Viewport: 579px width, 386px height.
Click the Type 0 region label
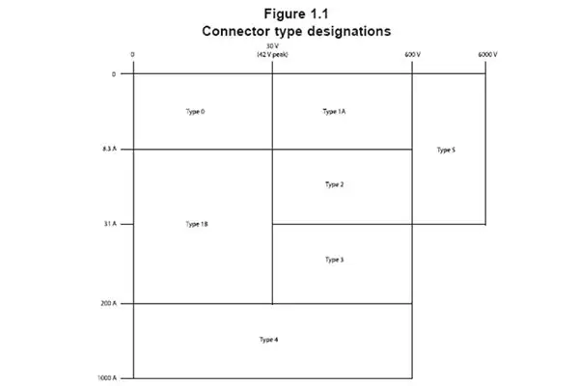coord(195,112)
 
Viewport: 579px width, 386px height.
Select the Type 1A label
coord(334,112)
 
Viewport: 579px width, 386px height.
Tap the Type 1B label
coord(197,224)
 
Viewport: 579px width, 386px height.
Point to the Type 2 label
coord(335,184)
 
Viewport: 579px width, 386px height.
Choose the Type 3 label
coord(335,260)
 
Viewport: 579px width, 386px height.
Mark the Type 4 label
coord(269,340)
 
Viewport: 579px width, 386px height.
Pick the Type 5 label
coord(446,150)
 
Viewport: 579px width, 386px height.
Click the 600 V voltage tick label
coord(412,55)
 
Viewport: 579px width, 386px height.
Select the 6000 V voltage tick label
coord(487,55)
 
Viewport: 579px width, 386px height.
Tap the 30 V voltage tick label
coord(272,46)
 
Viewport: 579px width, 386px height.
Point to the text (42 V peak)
coord(272,55)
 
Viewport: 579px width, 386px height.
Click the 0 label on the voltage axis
coord(132,55)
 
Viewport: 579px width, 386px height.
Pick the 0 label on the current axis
coord(114,74)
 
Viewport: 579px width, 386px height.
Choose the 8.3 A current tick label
coord(109,149)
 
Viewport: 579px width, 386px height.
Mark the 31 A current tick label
coord(110,224)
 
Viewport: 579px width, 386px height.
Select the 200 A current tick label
coord(108,303)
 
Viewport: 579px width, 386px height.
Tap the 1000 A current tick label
coord(107,378)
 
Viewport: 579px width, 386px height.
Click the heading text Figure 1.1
coord(296,14)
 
